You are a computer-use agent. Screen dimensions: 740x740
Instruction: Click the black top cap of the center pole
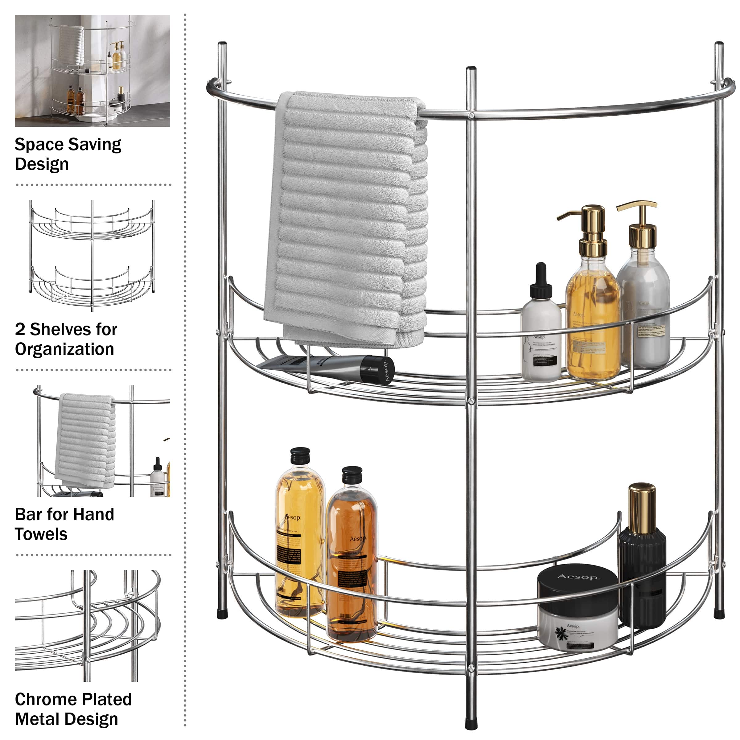(x=471, y=70)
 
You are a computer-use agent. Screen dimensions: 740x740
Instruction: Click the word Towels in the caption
(x=41, y=534)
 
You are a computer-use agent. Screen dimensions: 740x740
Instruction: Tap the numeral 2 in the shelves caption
(x=20, y=329)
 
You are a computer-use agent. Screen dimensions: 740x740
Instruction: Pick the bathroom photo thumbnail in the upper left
(x=92, y=71)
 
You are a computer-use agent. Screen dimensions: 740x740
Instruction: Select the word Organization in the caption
(x=64, y=349)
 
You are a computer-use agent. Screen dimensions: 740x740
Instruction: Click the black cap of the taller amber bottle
(x=300, y=455)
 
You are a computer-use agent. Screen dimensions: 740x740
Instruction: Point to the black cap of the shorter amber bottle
(x=351, y=475)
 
